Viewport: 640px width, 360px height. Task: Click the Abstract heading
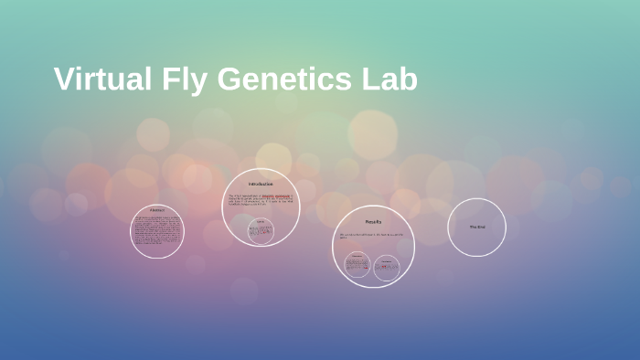click(157, 211)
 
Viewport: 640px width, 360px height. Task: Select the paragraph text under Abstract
click(157, 231)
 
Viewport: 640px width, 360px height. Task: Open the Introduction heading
click(261, 184)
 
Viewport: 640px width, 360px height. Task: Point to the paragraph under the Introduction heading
click(261, 200)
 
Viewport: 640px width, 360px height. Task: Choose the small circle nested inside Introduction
click(261, 231)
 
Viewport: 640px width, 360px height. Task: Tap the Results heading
click(373, 222)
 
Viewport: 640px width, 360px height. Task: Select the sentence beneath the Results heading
click(371, 236)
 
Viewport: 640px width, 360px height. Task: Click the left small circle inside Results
click(357, 266)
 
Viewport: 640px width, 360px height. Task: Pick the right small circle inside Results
click(387, 267)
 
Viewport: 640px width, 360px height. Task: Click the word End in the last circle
click(481, 227)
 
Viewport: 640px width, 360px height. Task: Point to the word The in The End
click(473, 227)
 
